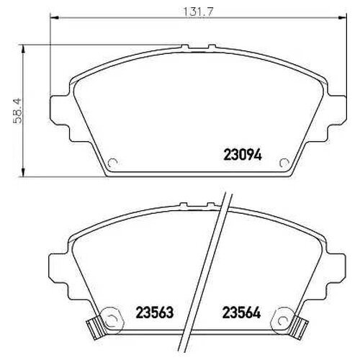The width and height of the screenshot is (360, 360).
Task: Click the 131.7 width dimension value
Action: click(x=198, y=12)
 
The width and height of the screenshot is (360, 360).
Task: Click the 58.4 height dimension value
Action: click(x=17, y=111)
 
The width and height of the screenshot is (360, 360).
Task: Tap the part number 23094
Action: click(x=243, y=155)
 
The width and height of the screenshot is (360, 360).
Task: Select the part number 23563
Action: click(x=155, y=312)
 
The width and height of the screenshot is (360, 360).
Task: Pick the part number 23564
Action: click(x=241, y=312)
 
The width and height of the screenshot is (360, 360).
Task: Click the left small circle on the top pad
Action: click(x=112, y=163)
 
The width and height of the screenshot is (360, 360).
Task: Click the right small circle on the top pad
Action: click(x=284, y=163)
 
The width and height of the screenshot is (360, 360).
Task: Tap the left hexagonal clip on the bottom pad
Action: click(x=111, y=320)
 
